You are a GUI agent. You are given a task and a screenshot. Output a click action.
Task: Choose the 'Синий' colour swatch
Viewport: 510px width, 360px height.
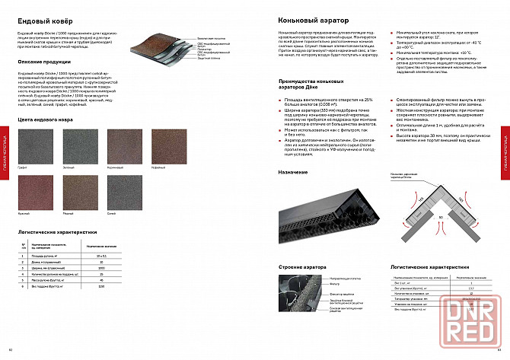[x=123, y=187]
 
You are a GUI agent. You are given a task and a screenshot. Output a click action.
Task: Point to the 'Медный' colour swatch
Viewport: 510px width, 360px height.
[x=79, y=187]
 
